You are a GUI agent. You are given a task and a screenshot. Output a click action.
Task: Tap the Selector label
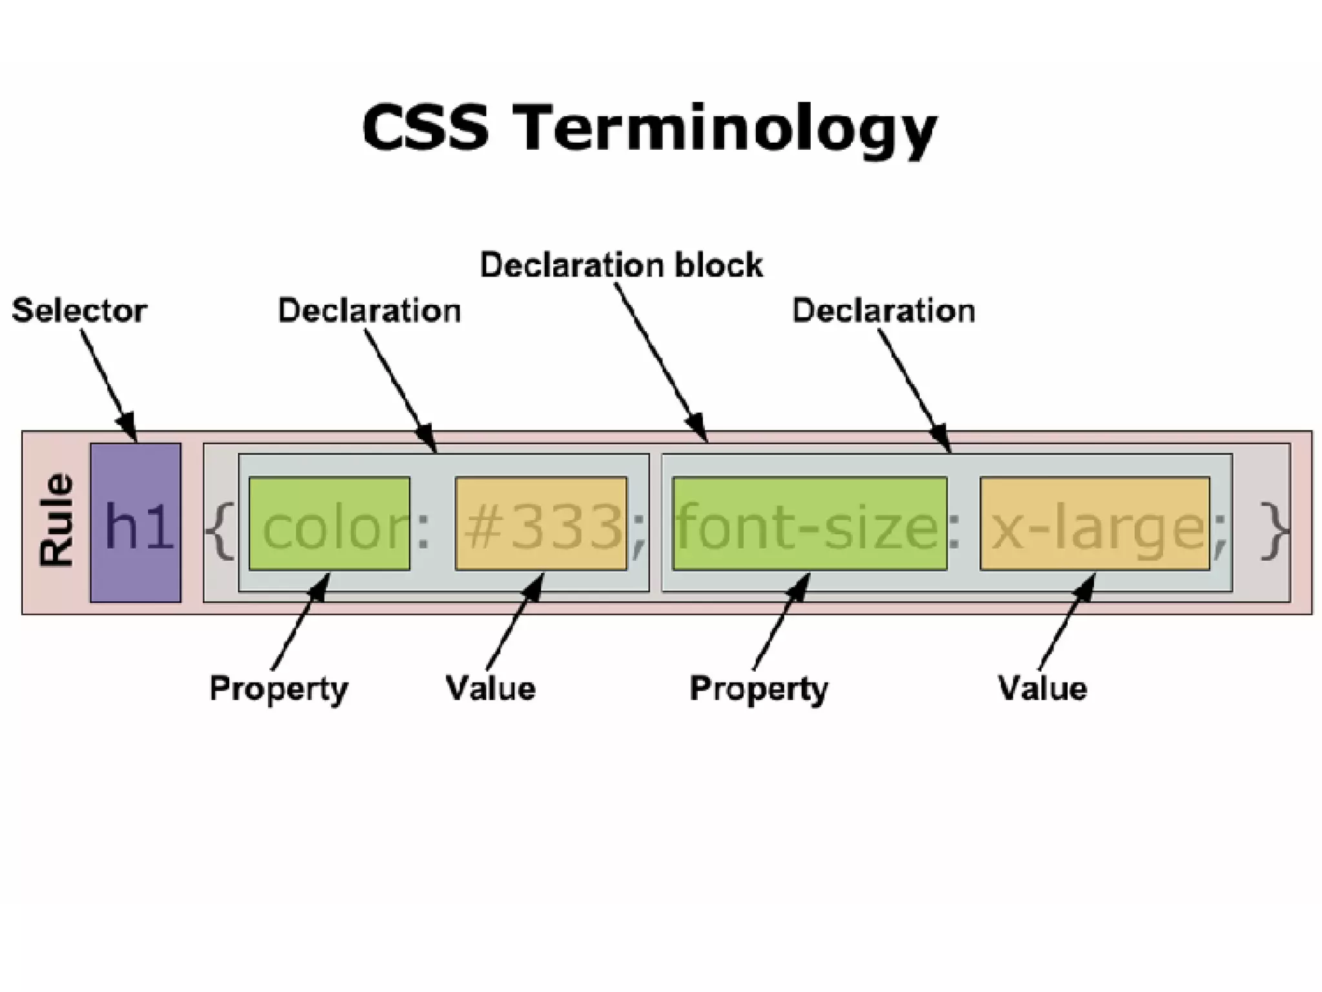(79, 311)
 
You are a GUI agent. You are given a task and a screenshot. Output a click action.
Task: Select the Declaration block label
(621, 265)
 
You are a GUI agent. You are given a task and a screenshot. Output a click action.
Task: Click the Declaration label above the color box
(369, 311)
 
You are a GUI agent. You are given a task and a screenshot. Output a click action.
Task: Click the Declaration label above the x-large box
(883, 311)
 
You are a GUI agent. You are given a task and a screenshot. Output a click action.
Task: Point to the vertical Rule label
(56, 521)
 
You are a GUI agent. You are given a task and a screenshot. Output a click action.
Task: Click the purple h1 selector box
(136, 522)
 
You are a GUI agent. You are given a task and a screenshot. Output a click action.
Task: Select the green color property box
(329, 524)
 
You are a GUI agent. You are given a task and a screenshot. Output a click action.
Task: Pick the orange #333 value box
(541, 524)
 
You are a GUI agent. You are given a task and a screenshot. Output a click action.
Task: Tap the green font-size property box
(809, 524)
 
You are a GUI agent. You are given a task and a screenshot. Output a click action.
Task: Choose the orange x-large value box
(1095, 524)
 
